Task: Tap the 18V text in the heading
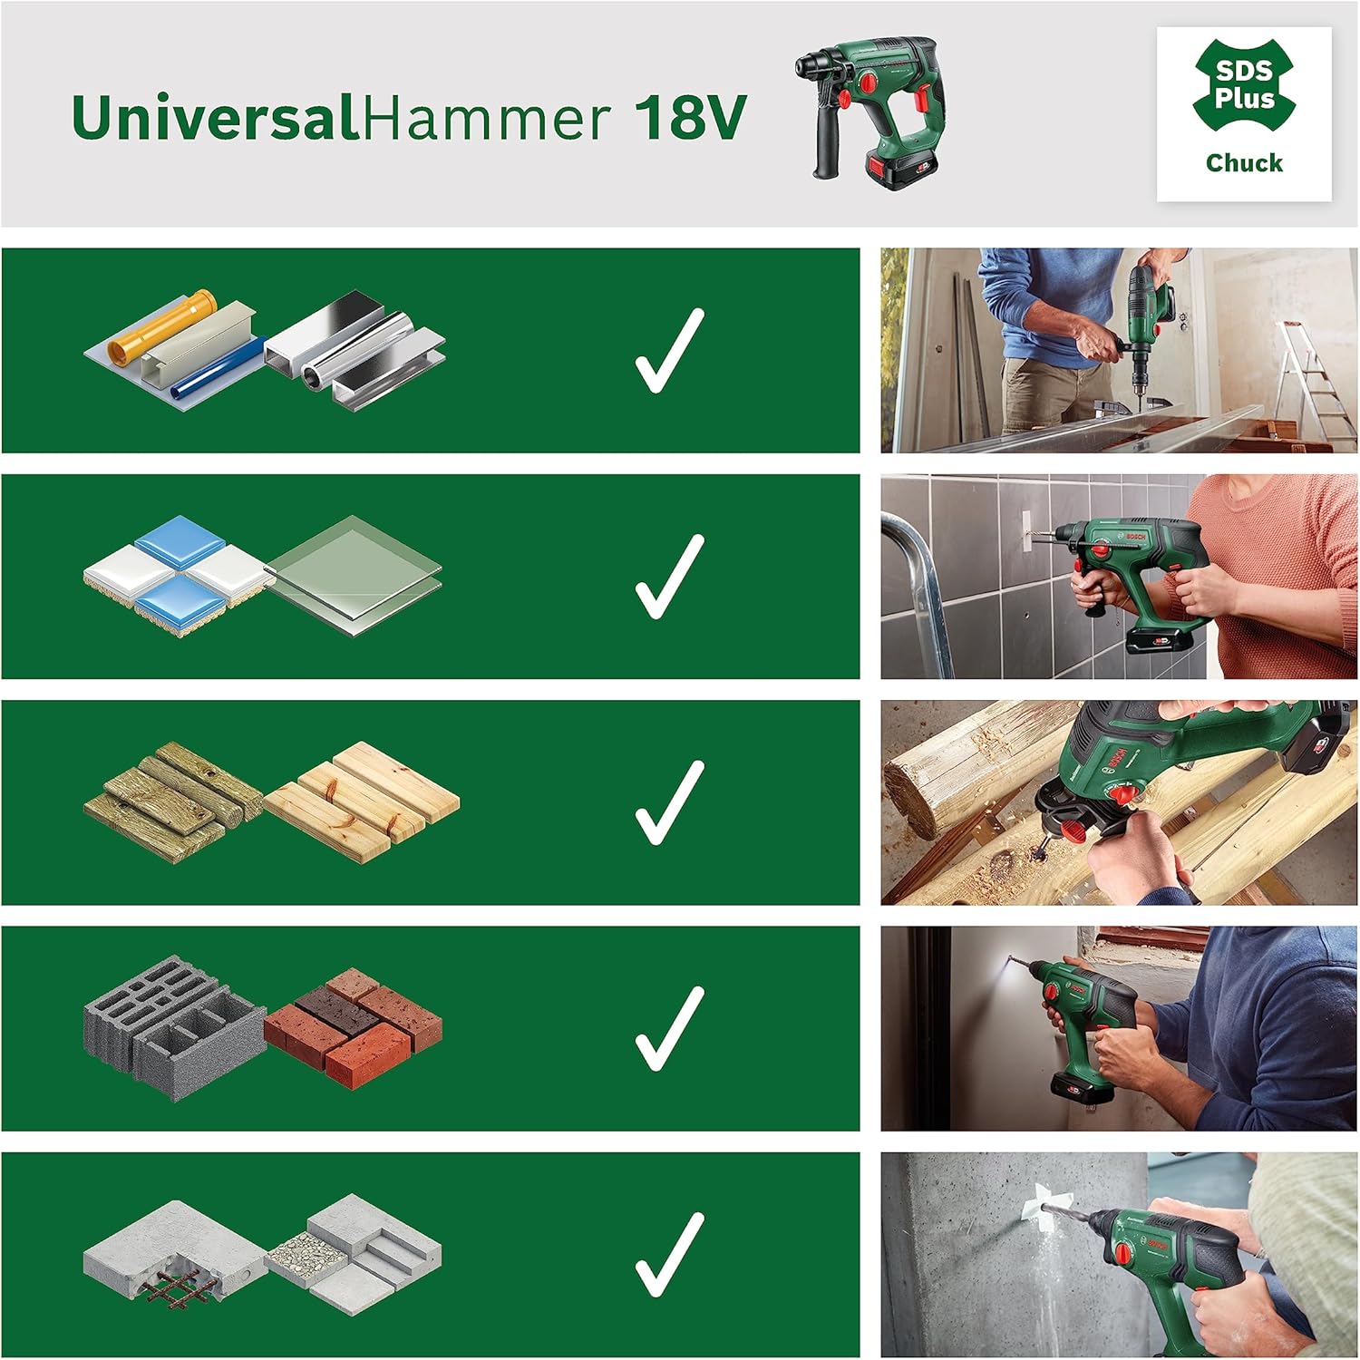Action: (x=689, y=118)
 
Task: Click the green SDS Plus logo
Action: (x=1244, y=84)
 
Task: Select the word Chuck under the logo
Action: (x=1244, y=163)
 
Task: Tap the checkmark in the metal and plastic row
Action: (x=669, y=351)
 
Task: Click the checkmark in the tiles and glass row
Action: (x=669, y=577)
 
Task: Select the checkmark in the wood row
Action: (x=669, y=802)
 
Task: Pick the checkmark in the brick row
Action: (x=669, y=1028)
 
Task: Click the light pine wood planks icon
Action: (x=363, y=798)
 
